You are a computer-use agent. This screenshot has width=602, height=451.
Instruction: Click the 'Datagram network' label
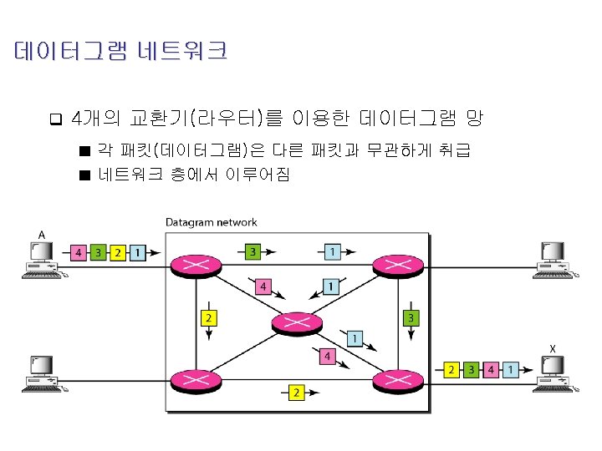click(x=212, y=222)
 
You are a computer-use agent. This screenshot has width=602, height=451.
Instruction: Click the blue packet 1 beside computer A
click(x=137, y=251)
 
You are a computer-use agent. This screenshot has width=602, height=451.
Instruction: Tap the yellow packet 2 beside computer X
click(x=452, y=368)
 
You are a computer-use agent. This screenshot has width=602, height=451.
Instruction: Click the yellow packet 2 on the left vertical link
click(x=207, y=318)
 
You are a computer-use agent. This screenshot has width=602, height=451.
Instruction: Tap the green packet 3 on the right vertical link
click(x=411, y=318)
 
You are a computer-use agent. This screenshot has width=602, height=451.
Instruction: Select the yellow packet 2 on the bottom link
click(x=297, y=391)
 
